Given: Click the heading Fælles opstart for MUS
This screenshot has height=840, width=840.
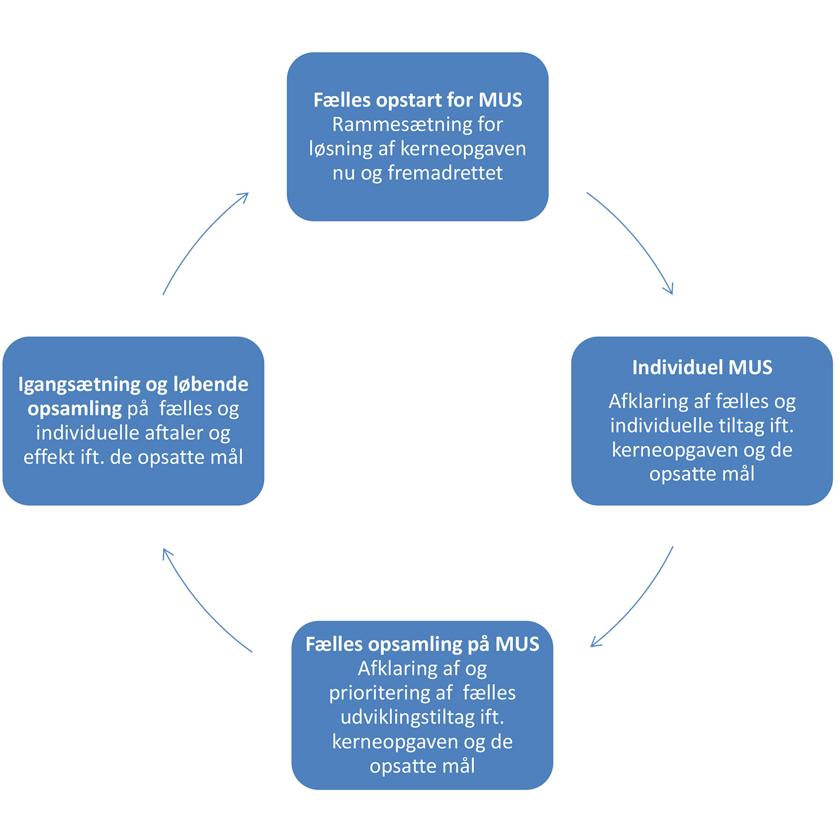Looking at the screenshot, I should (417, 100).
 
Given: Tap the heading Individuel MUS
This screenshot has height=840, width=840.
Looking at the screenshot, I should (702, 367).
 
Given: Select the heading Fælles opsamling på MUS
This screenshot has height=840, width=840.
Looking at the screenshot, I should (422, 644).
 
